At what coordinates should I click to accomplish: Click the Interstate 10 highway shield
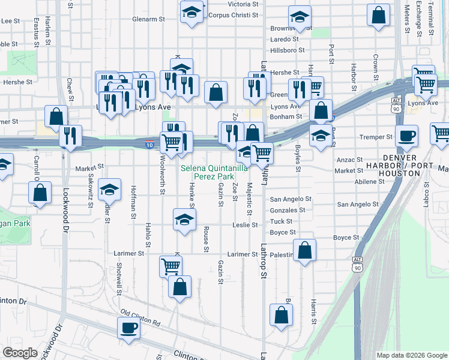[149, 145]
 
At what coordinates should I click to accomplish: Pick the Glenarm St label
[149, 19]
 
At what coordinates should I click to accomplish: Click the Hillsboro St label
[288, 50]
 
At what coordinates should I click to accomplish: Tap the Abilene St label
[369, 181]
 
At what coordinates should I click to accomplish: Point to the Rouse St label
[206, 239]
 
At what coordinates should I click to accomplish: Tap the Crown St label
[375, 67]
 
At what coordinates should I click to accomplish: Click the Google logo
[20, 353]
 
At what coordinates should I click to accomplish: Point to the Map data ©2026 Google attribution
[411, 355]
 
